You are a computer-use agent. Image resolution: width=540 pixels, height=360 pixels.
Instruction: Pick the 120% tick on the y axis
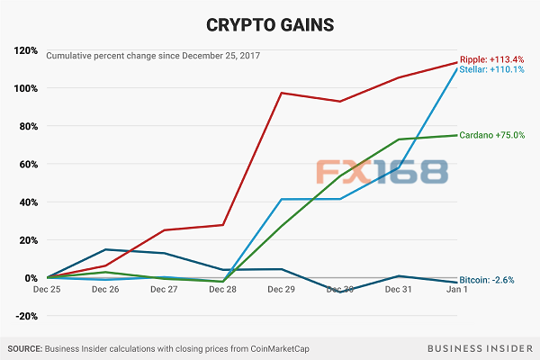[x=24, y=50]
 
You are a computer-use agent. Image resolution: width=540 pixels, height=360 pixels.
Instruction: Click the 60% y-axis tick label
[x=26, y=164]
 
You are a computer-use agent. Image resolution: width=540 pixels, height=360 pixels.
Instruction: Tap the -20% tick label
[x=24, y=316]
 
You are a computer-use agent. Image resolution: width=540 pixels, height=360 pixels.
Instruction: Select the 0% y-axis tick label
[x=29, y=278]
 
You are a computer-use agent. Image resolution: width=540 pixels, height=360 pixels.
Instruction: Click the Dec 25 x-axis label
[x=47, y=291]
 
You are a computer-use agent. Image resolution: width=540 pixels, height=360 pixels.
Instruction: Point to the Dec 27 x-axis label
[x=164, y=291]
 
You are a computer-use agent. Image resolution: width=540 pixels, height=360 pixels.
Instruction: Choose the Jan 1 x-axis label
[x=458, y=291]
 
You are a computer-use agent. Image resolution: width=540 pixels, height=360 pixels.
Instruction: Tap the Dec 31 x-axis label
[x=399, y=291]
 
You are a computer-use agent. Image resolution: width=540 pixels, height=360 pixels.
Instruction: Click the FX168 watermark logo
[x=382, y=174]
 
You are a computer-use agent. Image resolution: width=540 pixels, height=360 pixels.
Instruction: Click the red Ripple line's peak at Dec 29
[x=282, y=93]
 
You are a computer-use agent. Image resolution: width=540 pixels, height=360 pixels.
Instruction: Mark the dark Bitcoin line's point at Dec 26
[x=105, y=249]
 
